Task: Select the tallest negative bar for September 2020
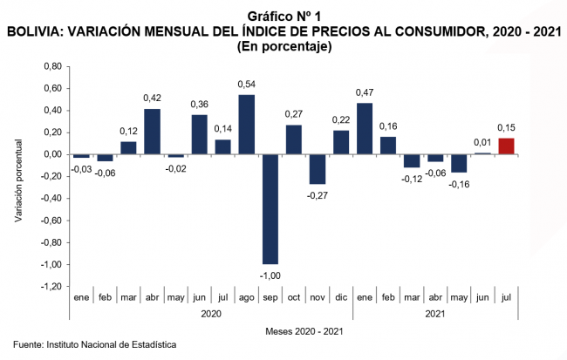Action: pos(270,209)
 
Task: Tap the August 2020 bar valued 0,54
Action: pos(246,124)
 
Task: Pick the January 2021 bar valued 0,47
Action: pos(365,128)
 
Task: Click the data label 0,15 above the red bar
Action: pos(506,127)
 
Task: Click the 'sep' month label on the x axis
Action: pos(270,299)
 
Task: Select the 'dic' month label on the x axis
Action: pos(341,299)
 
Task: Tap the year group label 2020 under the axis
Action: pos(210,314)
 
